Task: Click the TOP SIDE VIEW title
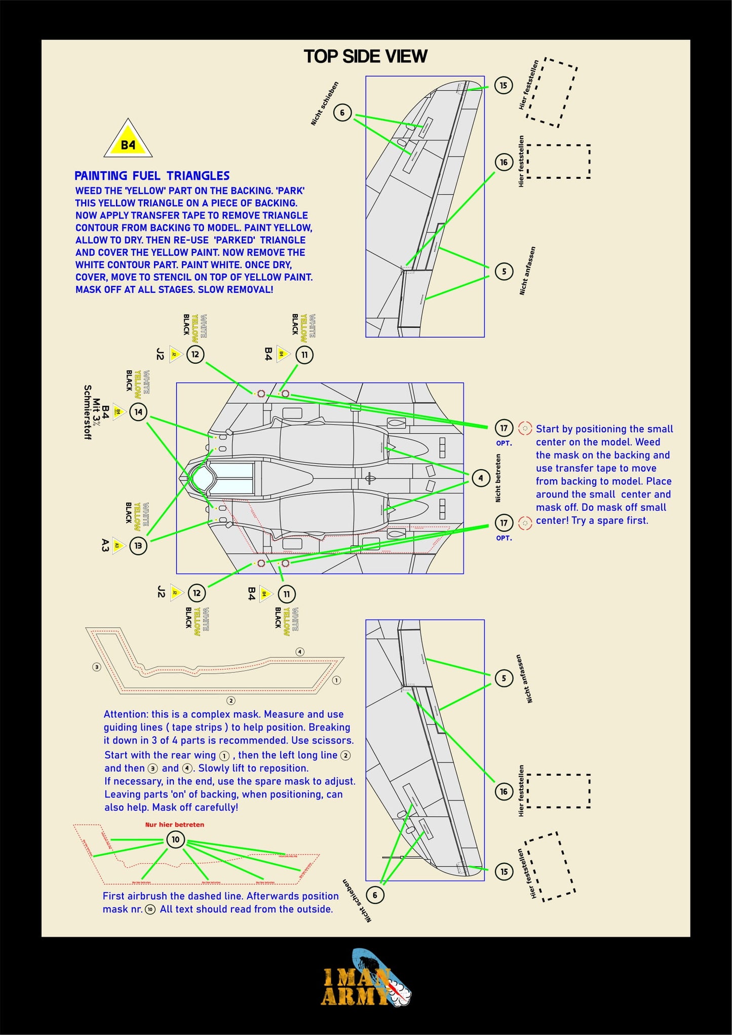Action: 365,56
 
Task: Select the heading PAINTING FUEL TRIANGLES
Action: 152,176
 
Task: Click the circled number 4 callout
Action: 481,478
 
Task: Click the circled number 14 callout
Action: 138,412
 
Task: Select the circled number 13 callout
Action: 138,546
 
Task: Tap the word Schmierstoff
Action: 88,412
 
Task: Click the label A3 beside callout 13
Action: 105,546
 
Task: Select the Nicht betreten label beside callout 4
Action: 498,478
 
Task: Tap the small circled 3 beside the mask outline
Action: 97,667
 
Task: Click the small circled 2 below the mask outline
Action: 231,701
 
